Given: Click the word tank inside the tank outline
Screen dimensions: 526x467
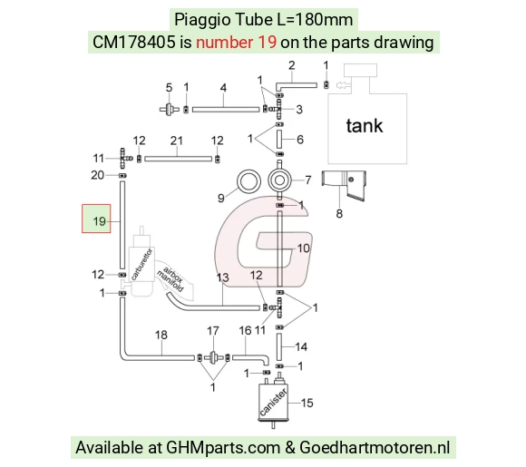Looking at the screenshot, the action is (365, 126).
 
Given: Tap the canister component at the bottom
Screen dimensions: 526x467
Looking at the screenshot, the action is (273, 402).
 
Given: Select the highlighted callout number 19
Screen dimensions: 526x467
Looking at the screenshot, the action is (99, 221).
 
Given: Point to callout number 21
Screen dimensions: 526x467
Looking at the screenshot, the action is (177, 141).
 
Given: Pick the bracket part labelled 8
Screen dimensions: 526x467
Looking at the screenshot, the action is (345, 185).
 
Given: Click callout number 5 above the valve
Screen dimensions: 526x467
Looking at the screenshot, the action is (169, 88).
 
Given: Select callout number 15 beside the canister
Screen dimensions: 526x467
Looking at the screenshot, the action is (307, 403).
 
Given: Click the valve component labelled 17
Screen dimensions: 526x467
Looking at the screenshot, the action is (213, 357).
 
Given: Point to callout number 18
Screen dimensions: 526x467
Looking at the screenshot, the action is (161, 335).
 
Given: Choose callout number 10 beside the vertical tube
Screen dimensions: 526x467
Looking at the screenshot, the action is (303, 248).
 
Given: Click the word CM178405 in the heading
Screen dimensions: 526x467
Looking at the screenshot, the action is (134, 43).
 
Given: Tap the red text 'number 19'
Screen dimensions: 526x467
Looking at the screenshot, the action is (236, 43).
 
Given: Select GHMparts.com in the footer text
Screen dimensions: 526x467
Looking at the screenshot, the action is (223, 448).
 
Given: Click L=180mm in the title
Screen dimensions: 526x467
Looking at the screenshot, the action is (315, 19).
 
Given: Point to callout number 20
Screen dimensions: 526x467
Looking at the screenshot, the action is (97, 175).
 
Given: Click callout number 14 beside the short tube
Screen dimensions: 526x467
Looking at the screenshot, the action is (301, 346).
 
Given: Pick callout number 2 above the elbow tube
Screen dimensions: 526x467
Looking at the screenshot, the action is (291, 65).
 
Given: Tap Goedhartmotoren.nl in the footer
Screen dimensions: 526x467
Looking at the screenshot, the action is (375, 448).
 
